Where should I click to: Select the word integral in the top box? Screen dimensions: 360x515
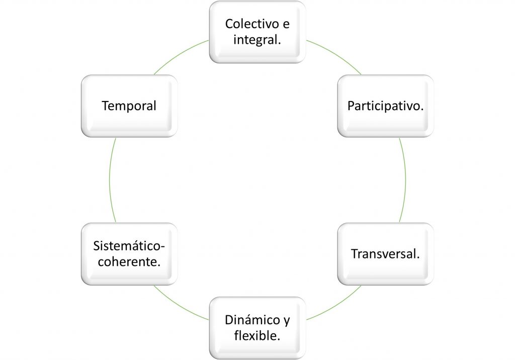tap(255, 40)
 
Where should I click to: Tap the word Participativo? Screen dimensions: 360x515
tap(384, 106)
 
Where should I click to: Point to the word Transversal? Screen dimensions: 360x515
tap(384, 254)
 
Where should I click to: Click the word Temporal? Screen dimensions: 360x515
tap(129, 106)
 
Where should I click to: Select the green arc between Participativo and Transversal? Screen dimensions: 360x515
tap(405, 179)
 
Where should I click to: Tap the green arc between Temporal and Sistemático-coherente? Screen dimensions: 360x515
tap(110, 179)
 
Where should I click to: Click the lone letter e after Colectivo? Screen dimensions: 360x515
tap(286, 24)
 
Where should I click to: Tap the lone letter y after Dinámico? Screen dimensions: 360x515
tap(286, 321)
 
